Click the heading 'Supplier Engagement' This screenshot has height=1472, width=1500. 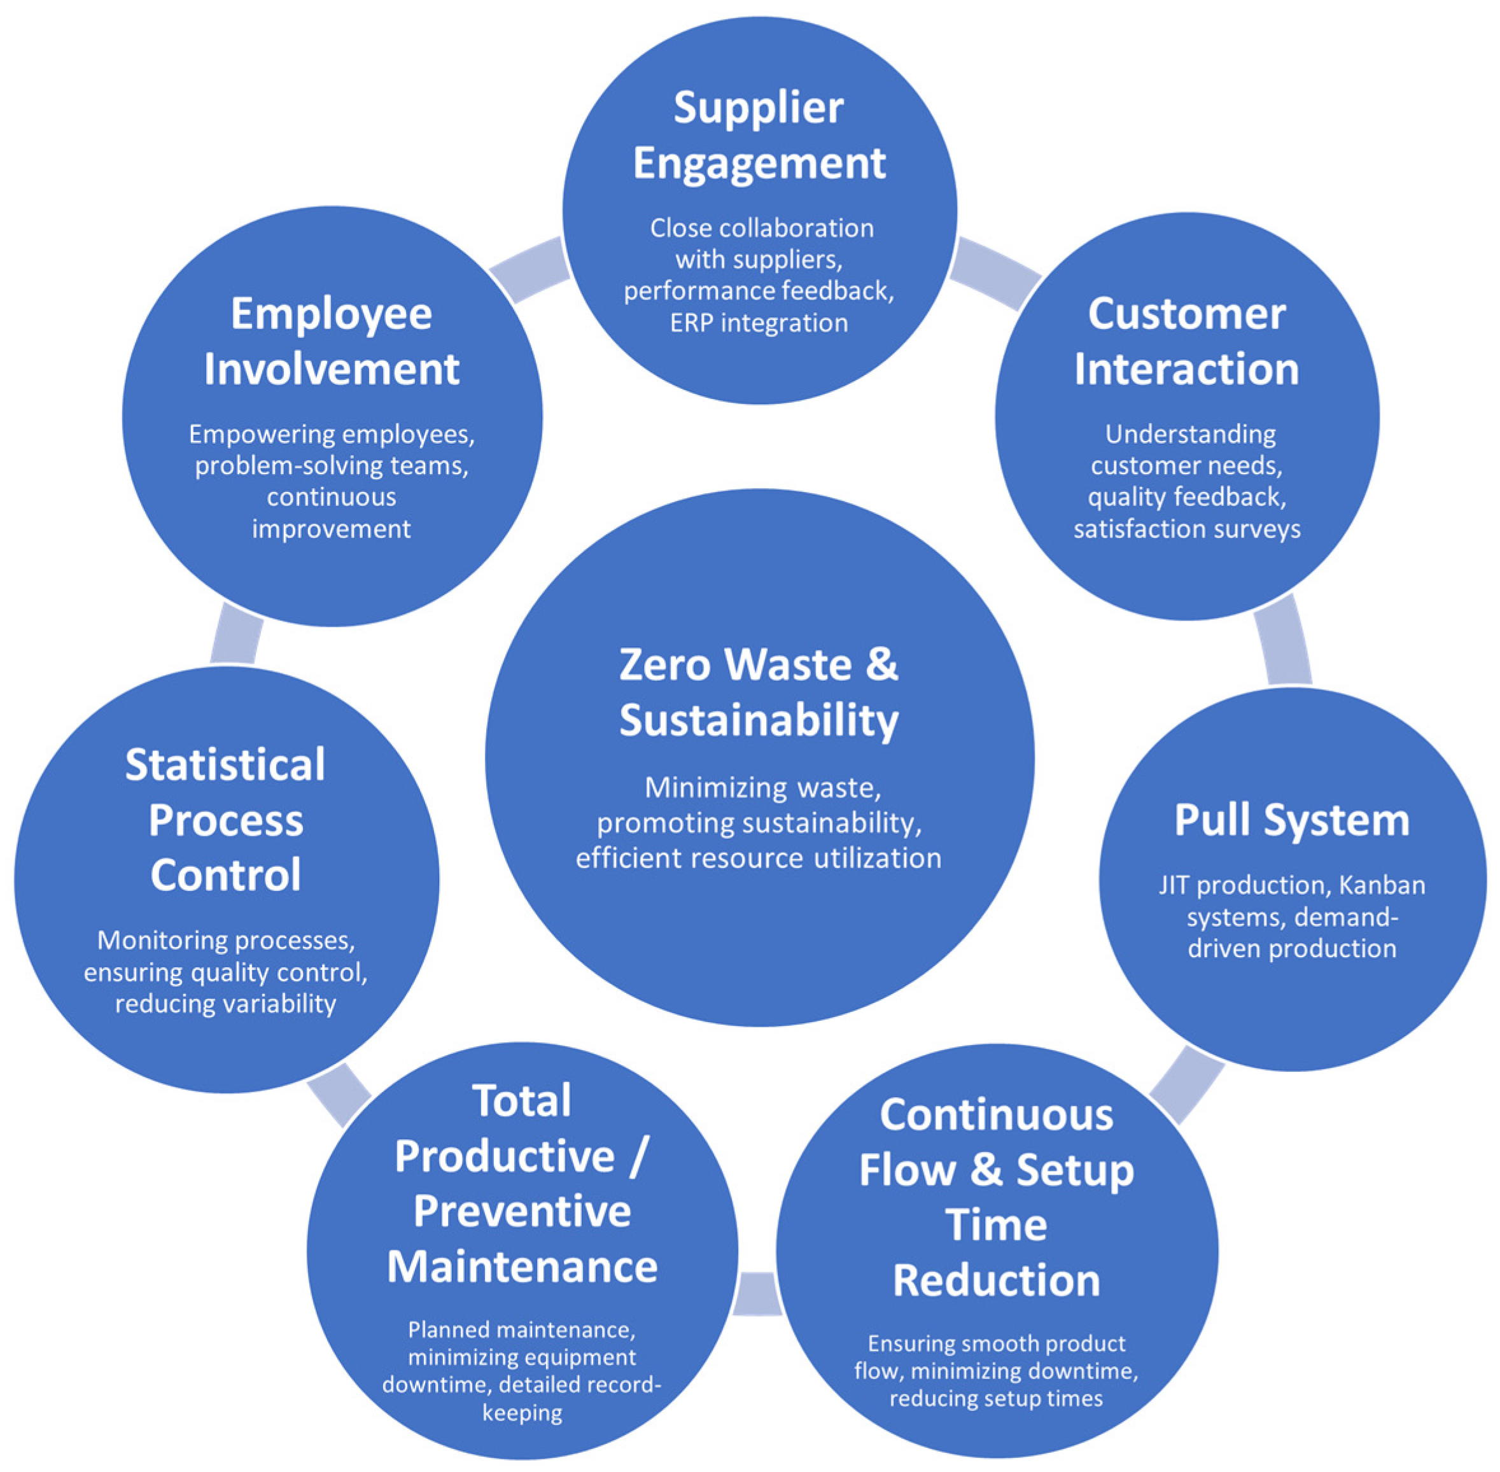(759, 136)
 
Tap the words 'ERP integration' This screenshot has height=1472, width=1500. (759, 323)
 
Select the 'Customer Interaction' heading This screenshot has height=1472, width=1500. (1186, 341)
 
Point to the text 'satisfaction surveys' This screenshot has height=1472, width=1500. (1186, 529)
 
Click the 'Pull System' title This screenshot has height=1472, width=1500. (1291, 820)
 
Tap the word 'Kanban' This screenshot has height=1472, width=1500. (1382, 885)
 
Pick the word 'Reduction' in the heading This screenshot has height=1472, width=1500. (996, 1280)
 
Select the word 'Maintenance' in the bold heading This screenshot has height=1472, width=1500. (522, 1266)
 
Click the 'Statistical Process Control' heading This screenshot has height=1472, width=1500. (225, 820)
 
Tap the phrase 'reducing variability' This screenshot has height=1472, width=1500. (225, 1004)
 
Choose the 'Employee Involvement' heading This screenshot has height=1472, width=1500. (331, 341)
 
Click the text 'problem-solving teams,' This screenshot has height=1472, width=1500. (331, 465)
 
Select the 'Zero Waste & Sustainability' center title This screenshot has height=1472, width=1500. (759, 692)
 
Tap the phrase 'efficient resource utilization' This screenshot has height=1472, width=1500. (759, 858)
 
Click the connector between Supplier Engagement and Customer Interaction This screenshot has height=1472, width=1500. (996, 273)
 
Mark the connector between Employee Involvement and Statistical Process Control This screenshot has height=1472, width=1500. (236, 633)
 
